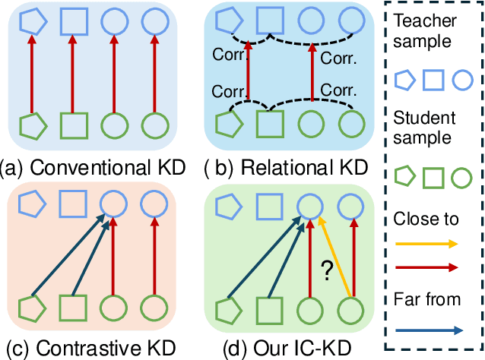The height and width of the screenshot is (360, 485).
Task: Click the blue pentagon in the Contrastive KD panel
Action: coord(31,204)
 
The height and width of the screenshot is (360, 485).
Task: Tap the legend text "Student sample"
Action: coord(430,128)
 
